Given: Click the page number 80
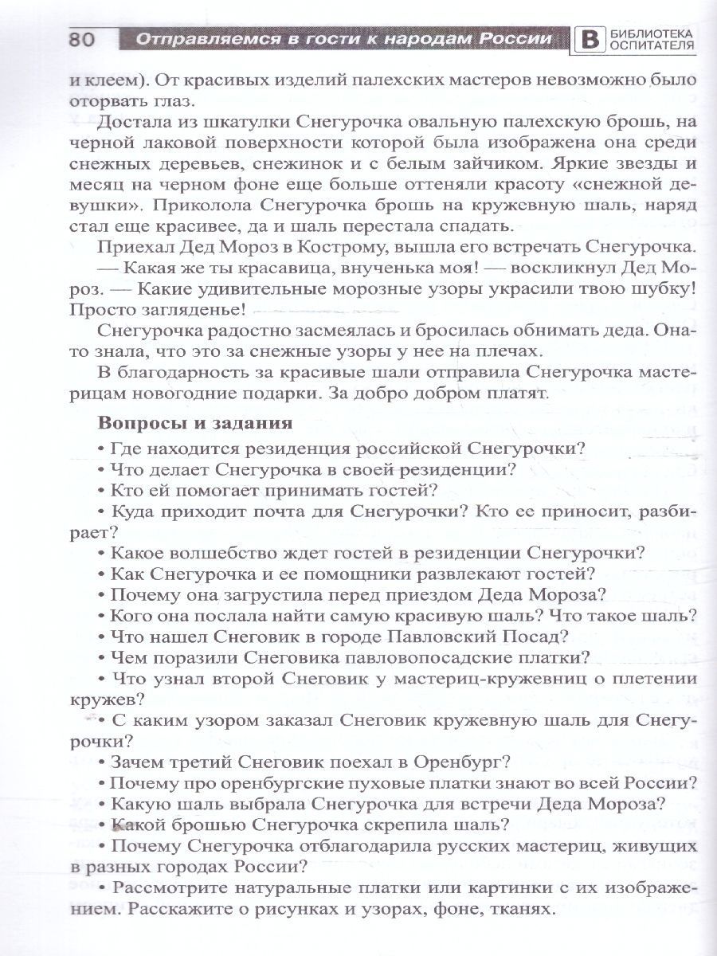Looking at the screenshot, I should [82, 39].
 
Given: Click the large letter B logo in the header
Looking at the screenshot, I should [589, 40].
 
